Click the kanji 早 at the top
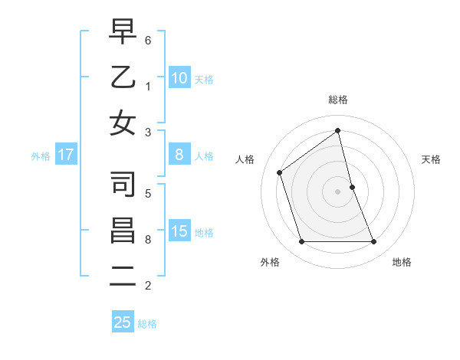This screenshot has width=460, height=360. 123,31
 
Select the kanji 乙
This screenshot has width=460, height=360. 123,77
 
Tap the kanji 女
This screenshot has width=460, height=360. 123,123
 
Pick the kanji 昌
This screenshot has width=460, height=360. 123,231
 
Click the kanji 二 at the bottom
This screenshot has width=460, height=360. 123,277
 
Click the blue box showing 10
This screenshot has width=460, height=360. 179,77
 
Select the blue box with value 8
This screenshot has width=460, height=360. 179,155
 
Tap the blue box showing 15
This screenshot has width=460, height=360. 179,231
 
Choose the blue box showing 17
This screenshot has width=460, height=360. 65,155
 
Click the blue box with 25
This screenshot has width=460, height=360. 123,322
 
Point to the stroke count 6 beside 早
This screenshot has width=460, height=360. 148,38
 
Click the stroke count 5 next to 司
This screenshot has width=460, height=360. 148,193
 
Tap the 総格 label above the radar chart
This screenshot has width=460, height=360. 337,100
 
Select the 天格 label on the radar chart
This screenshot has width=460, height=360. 432,159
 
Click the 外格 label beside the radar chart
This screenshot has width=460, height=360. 270,262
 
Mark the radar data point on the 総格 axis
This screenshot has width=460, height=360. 337,131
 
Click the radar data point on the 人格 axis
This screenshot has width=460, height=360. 280,172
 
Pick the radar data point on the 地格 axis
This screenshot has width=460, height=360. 373,242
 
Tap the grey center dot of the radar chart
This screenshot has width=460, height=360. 337,191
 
